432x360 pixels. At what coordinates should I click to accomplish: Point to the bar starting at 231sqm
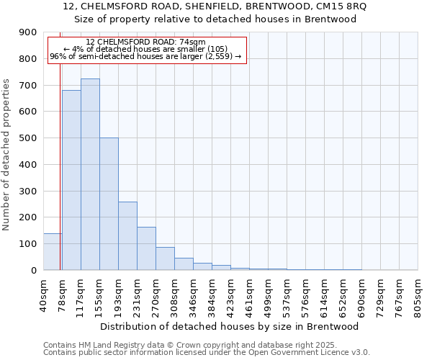tap(146, 248)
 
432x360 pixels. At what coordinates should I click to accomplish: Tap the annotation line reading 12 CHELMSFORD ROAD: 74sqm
tap(146, 42)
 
